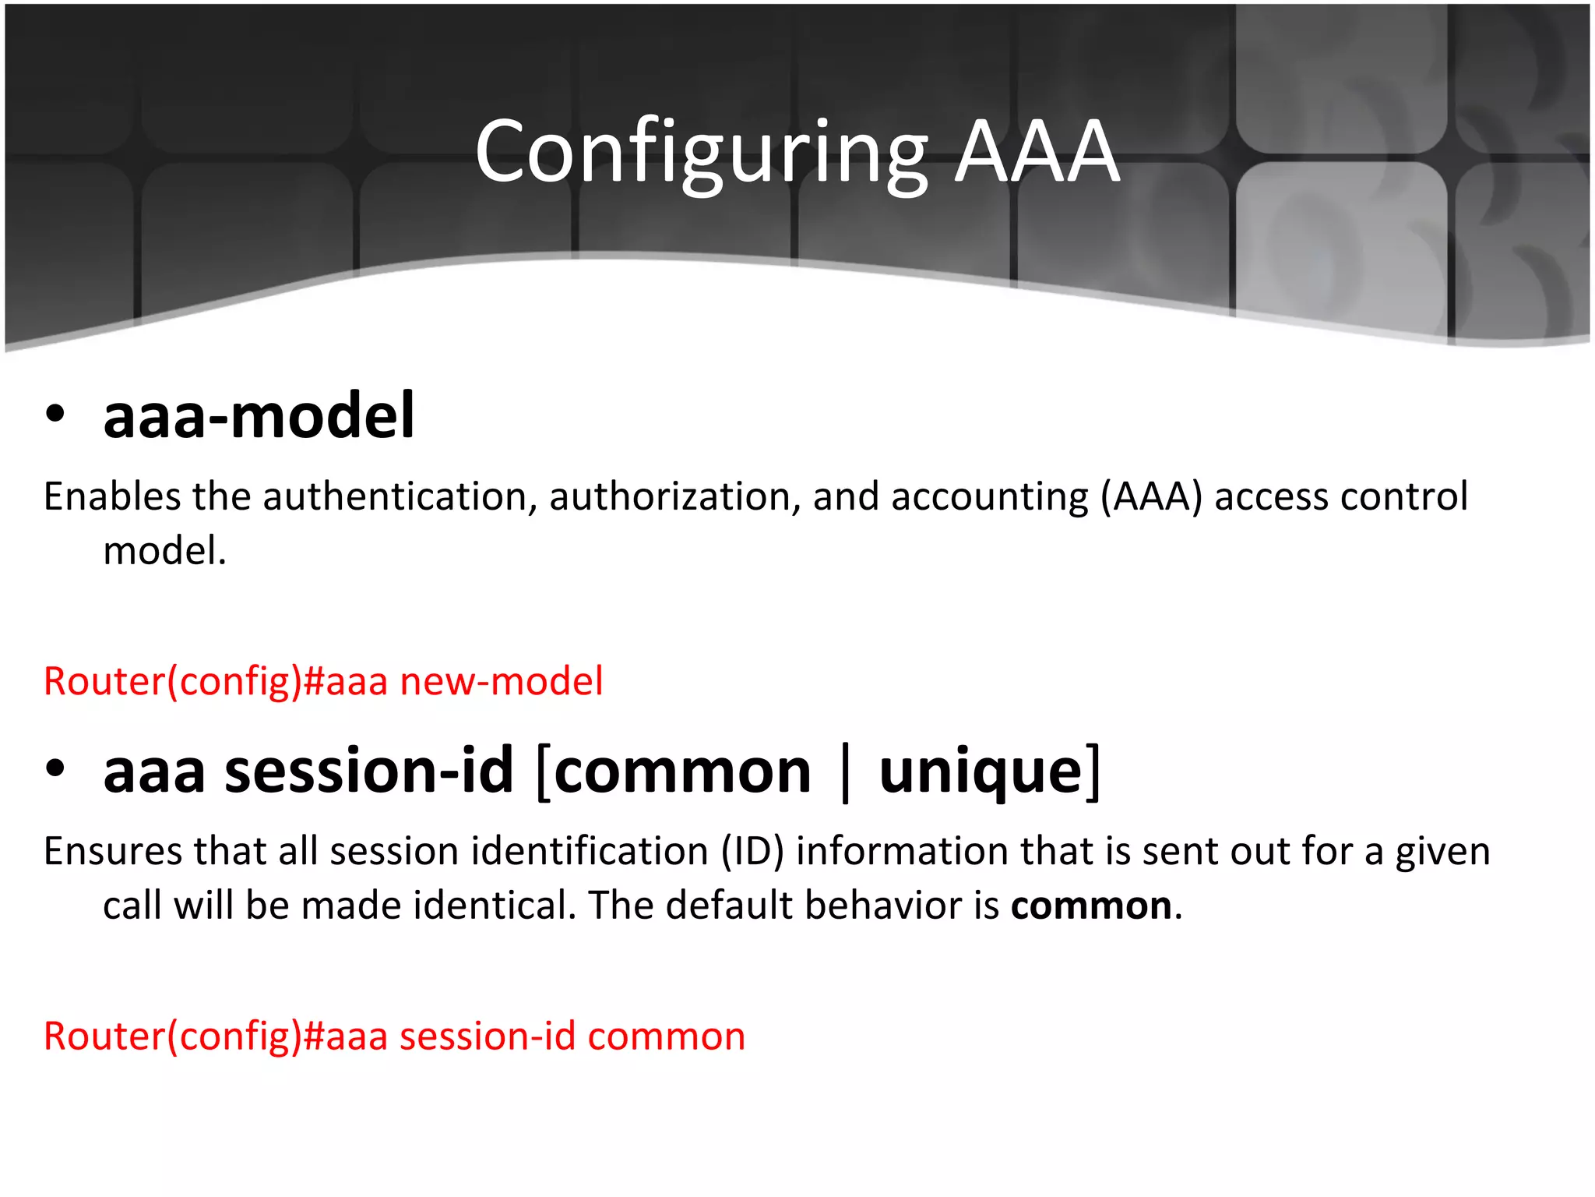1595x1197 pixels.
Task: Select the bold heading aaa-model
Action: (x=259, y=416)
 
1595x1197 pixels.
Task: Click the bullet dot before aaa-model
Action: (x=55, y=414)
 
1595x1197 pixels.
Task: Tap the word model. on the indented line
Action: (x=164, y=551)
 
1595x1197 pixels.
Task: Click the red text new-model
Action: (x=502, y=681)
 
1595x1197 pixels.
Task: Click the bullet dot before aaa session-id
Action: (x=55, y=768)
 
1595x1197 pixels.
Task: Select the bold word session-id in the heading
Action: (x=369, y=771)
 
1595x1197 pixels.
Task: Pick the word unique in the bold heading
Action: (x=981, y=771)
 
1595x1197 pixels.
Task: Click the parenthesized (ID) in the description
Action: (x=752, y=851)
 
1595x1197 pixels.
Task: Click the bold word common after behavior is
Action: (x=1091, y=906)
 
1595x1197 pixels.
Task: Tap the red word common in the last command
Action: (x=667, y=1036)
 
